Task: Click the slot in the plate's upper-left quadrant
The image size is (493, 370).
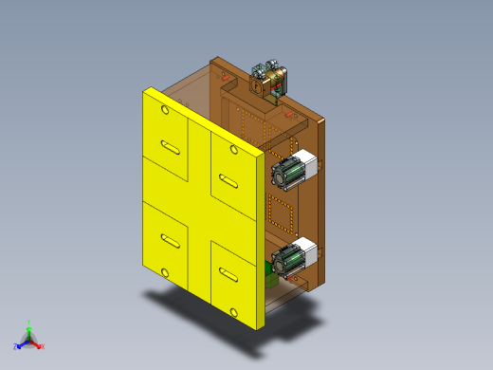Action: pos(172,147)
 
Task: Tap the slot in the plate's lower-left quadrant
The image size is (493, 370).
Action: pos(171,239)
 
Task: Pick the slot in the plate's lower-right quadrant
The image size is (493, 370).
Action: pos(228,276)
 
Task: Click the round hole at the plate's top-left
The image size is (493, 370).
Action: pos(166,111)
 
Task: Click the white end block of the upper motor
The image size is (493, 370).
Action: pos(305,162)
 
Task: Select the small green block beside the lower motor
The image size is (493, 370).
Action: pos(271,278)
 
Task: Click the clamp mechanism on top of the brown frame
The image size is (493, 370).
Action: pos(270,78)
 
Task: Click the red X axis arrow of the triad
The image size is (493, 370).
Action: pos(40,346)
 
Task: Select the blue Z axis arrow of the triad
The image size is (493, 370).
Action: pos(18,345)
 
